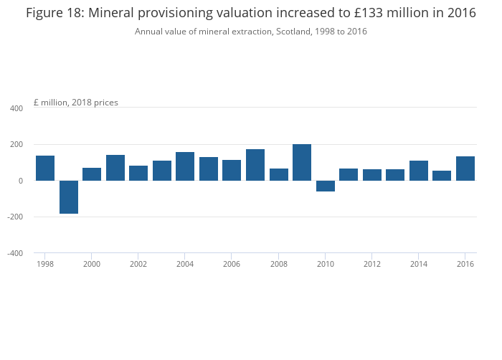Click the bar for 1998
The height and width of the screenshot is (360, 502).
pos(45,168)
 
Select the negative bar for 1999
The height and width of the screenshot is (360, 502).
pos(69,197)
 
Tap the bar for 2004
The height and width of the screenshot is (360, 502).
pos(185,166)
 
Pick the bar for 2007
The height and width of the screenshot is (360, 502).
pos(255,165)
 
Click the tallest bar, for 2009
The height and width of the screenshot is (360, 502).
pos(302,162)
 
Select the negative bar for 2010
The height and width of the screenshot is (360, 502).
pos(326,186)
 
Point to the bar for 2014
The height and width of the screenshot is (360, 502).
pos(419,171)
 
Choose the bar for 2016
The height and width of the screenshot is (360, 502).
pos(465,169)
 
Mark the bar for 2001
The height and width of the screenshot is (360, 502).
pos(115,168)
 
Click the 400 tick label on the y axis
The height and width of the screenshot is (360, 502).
pos(16,108)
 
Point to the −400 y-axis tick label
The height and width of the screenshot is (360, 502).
pos(14,253)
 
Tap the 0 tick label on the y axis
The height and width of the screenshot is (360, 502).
pos(21,181)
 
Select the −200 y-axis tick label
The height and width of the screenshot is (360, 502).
pos(14,217)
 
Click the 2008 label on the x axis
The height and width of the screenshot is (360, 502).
pos(279,264)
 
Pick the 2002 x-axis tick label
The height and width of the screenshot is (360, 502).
pos(138,264)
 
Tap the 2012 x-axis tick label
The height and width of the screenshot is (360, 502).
pos(372,264)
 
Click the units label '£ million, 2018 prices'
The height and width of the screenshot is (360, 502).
pos(75,103)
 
